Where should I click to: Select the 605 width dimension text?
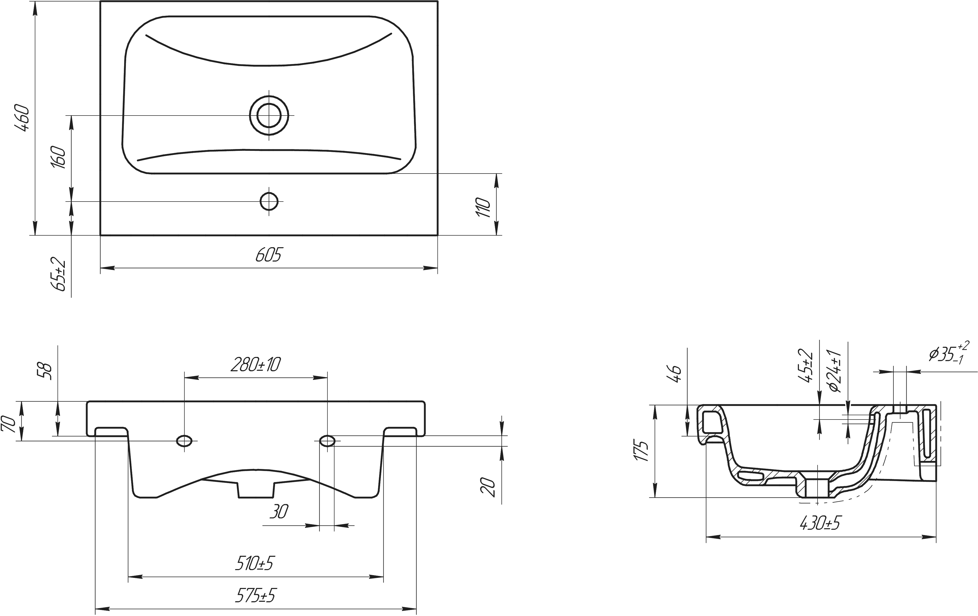(x=268, y=255)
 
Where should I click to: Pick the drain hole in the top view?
(x=269, y=115)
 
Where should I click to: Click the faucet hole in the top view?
(x=269, y=201)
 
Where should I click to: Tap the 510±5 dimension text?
(x=255, y=563)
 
